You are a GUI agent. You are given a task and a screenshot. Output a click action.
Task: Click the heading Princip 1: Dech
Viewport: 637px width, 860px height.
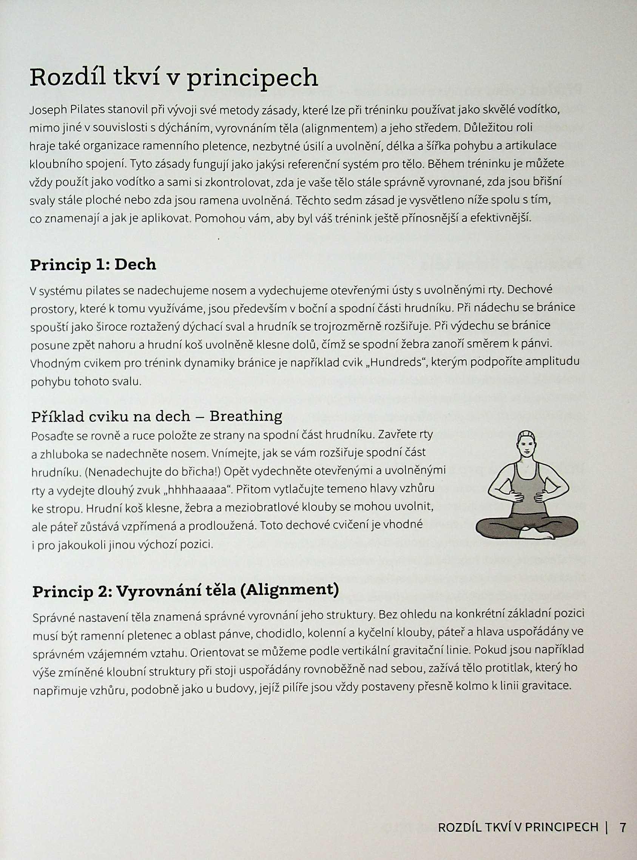point(93,265)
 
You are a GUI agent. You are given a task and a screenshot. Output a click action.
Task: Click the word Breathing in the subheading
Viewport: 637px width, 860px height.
point(245,416)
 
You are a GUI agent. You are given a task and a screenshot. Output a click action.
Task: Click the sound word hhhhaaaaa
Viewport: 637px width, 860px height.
point(197,490)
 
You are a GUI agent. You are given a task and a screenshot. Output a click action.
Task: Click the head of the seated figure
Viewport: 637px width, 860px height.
point(525,446)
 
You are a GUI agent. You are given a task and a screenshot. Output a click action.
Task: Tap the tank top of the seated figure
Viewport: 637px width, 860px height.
point(526,486)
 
